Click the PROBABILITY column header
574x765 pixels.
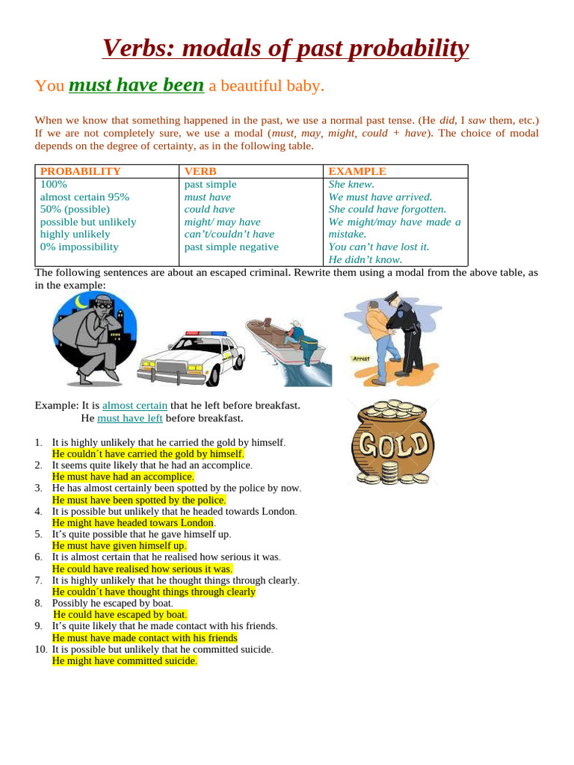coord(80,171)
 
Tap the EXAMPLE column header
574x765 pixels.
coord(357,171)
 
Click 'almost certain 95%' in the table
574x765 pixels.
coord(84,197)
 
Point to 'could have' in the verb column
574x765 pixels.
coord(209,210)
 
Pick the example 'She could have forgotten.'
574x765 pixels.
coord(387,210)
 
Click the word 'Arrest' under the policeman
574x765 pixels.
coord(361,359)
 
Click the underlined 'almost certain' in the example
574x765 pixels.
coord(135,405)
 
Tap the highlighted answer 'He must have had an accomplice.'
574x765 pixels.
coord(123,477)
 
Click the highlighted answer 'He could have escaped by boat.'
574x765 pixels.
coord(120,615)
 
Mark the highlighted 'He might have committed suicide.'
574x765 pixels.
coord(124,661)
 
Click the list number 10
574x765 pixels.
coord(40,649)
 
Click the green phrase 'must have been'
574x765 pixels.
coord(136,85)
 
